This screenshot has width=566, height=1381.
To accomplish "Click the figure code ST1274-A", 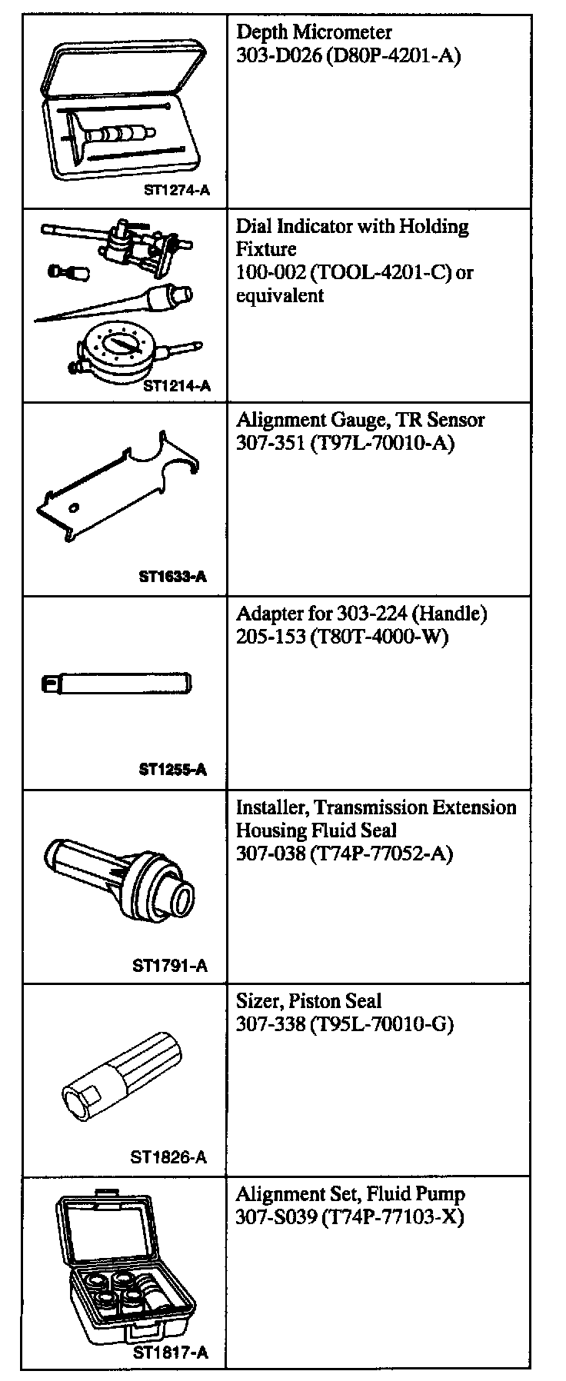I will (176, 190).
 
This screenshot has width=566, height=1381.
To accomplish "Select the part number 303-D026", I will (271, 55).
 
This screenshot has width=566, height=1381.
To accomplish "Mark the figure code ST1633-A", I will (173, 576).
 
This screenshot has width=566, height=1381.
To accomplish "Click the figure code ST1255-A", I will (173, 769).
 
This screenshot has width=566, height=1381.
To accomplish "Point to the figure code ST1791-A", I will (170, 965).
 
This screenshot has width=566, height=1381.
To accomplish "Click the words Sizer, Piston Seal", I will (308, 1001).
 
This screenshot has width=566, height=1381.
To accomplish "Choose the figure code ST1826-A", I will (169, 1156).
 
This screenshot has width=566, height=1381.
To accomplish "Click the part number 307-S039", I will (272, 1218).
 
